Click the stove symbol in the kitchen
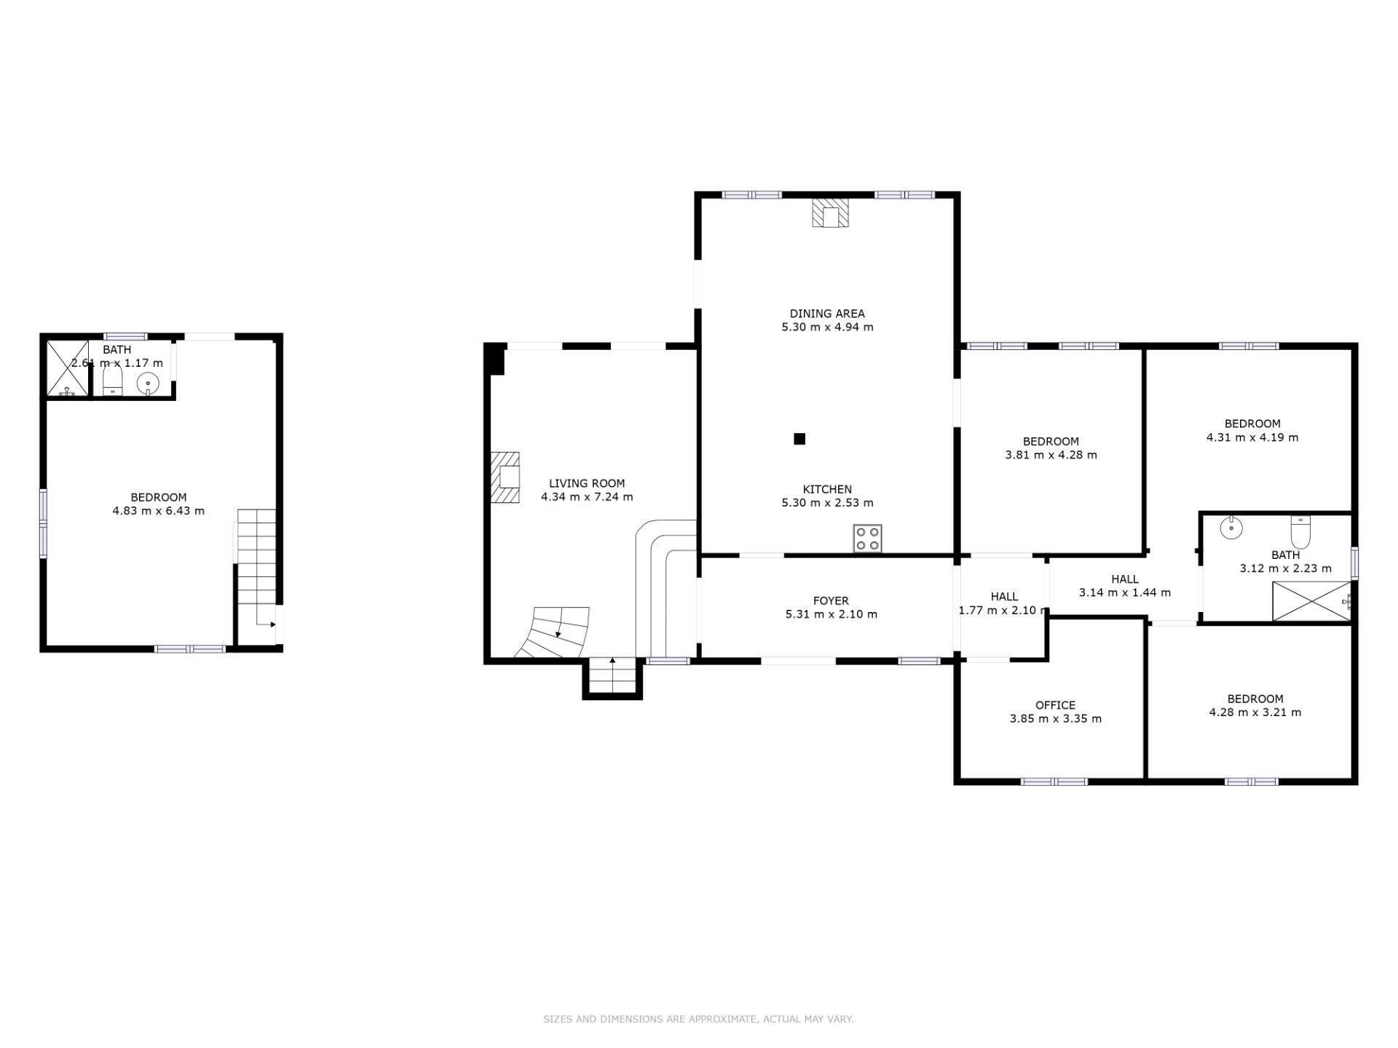[x=867, y=539]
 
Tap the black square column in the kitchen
[x=799, y=439]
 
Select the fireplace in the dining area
[x=830, y=213]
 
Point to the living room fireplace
[x=506, y=477]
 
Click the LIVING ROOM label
[x=586, y=483]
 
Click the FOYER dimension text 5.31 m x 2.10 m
[x=831, y=614]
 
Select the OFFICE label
[x=1055, y=705]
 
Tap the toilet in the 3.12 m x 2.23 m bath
[x=1300, y=532]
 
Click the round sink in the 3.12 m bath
[x=1231, y=528]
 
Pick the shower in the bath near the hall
[x=1311, y=601]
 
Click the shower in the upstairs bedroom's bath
[x=68, y=368]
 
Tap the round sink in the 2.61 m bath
[x=148, y=382]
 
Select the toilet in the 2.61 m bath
[x=112, y=380]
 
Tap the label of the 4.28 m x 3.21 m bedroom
[x=1255, y=699]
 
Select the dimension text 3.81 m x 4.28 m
[x=1051, y=455]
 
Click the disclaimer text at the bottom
[x=698, y=1019]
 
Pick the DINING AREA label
[x=827, y=314]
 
